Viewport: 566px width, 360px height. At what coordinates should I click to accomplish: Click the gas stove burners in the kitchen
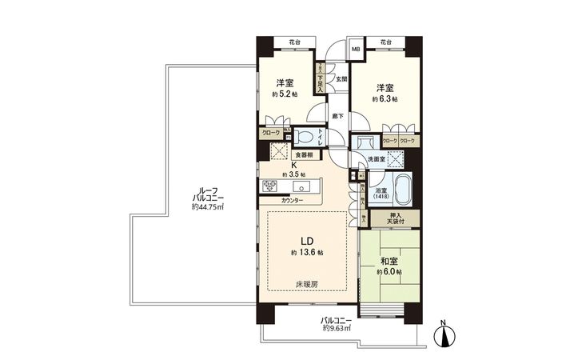(269, 187)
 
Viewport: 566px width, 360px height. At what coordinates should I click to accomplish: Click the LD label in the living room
(305, 240)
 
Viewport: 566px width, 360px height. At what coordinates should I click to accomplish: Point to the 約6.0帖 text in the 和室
(389, 273)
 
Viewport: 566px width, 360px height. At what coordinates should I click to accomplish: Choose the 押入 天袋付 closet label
(387, 218)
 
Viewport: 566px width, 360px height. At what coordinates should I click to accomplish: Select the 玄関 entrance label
(341, 78)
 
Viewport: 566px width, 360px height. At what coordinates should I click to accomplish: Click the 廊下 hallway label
(337, 116)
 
